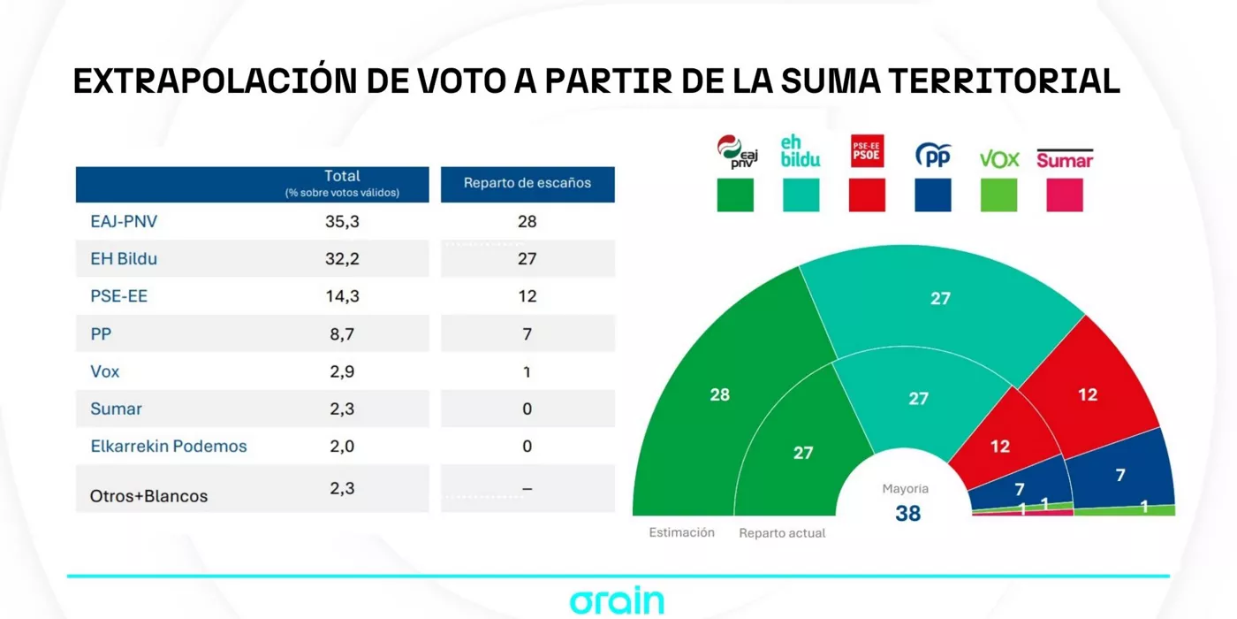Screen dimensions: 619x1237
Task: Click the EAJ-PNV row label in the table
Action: pyautogui.click(x=124, y=221)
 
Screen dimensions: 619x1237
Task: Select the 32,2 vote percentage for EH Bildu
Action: pyautogui.click(x=342, y=258)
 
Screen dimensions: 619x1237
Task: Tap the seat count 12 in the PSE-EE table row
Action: pyautogui.click(x=527, y=296)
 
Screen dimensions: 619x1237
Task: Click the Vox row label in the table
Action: pyautogui.click(x=104, y=371)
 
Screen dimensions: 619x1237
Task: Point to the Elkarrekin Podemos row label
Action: pyautogui.click(x=169, y=446)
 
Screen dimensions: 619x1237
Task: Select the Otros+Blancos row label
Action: pyautogui.click(x=148, y=496)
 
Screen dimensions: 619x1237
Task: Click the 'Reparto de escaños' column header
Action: pyautogui.click(x=527, y=183)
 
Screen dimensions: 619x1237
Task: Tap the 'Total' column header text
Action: pyautogui.click(x=342, y=176)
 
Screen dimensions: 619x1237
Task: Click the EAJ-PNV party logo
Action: pyautogui.click(x=736, y=152)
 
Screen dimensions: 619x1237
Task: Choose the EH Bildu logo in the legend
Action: pyautogui.click(x=801, y=151)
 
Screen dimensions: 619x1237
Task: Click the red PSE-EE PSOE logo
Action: pyautogui.click(x=867, y=151)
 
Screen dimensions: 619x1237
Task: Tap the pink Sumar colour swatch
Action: pyautogui.click(x=1065, y=195)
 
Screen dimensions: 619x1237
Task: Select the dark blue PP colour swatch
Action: pyautogui.click(x=933, y=195)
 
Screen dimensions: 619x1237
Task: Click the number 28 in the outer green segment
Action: pyautogui.click(x=720, y=394)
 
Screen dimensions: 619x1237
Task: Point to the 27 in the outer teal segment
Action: pyautogui.click(x=940, y=299)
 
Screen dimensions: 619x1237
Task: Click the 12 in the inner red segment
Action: pyautogui.click(x=999, y=447)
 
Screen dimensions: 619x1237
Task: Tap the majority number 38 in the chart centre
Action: pyautogui.click(x=907, y=514)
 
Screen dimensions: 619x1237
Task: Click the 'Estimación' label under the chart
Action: pyautogui.click(x=681, y=532)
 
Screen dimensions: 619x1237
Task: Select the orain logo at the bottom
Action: pyautogui.click(x=617, y=601)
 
